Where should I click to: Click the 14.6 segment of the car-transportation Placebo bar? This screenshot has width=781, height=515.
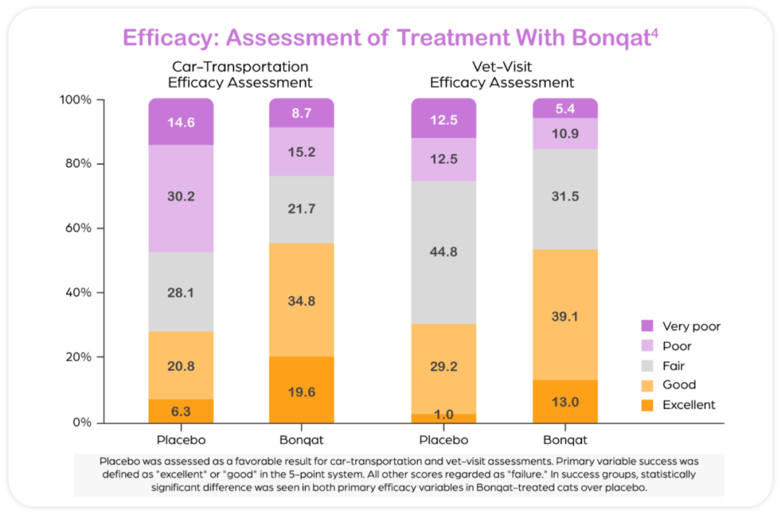[181, 122]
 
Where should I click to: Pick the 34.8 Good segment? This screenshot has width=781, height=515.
[302, 299]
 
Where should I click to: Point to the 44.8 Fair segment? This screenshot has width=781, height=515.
[443, 252]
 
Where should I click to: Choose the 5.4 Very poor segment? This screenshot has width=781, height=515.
[565, 108]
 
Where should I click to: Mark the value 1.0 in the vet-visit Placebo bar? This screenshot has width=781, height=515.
[443, 414]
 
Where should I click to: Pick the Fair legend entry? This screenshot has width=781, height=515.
[673, 366]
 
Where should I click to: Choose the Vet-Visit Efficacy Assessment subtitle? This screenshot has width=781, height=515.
[502, 75]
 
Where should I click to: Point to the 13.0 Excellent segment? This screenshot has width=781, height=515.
[565, 402]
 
